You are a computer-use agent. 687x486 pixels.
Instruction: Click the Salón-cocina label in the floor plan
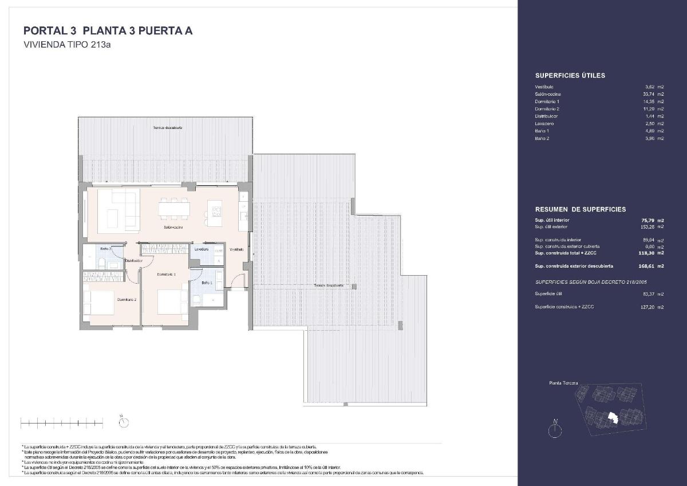173,227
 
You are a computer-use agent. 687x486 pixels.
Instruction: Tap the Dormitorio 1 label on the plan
166,275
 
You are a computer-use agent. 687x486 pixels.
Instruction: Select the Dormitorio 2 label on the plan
127,300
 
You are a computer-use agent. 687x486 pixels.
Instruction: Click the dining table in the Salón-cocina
174,208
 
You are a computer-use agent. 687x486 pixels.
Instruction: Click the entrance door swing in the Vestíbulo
238,280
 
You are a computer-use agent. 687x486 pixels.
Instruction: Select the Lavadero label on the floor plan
201,249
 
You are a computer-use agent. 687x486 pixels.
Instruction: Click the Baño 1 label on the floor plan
207,283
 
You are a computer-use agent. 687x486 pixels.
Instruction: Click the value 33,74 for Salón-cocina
649,94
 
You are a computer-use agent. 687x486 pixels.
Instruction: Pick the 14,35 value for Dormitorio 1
649,101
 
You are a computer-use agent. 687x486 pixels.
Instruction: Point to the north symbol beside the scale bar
123,422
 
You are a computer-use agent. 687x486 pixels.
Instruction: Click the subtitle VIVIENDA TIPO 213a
66,45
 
